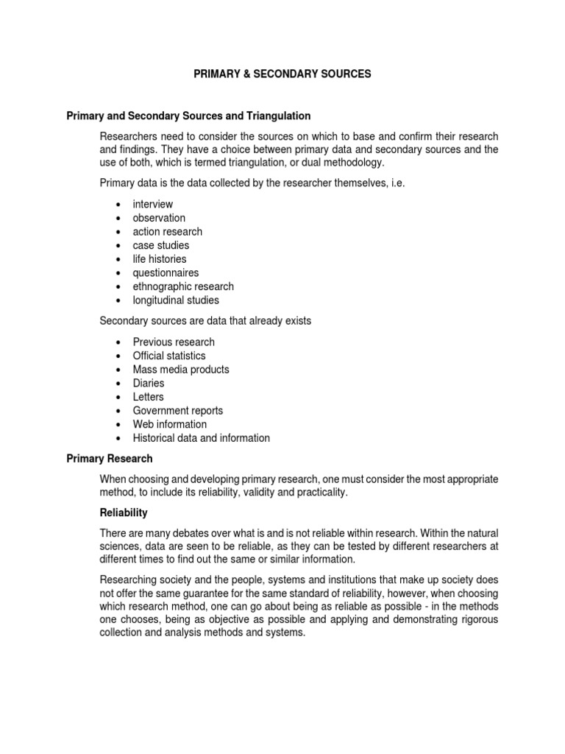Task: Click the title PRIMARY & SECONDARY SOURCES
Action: click(282, 74)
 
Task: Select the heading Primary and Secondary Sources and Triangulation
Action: click(188, 116)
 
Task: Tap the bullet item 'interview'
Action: click(153, 204)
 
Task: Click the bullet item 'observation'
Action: click(159, 218)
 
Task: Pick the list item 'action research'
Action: click(168, 232)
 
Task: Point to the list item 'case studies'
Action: click(161, 245)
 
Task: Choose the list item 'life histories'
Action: click(160, 259)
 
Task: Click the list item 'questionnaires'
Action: click(166, 273)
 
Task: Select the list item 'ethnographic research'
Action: click(183, 286)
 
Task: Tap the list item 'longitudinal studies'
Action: click(176, 300)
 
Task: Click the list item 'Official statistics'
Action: click(169, 356)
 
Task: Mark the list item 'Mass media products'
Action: click(181, 370)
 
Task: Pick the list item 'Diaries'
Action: click(149, 383)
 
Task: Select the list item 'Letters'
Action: click(149, 397)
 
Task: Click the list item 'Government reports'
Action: click(178, 411)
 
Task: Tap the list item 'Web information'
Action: click(170, 424)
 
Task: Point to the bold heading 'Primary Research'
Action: click(110, 459)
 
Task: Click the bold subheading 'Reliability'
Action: click(125, 512)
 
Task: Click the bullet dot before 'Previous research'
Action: click(118, 342)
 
